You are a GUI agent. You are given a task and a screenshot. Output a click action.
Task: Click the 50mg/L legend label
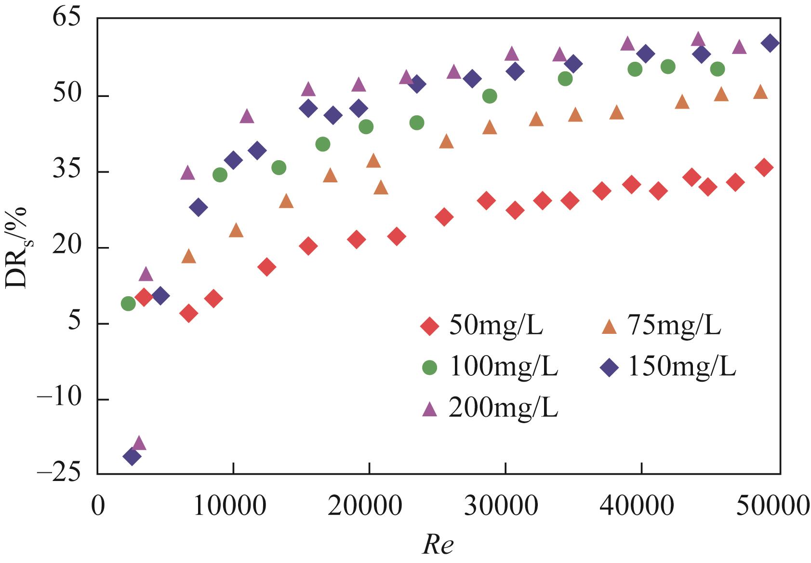click(x=496, y=326)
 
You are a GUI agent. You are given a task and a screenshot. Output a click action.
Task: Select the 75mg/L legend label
click(x=674, y=326)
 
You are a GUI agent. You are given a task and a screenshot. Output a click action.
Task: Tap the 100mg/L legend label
click(x=503, y=367)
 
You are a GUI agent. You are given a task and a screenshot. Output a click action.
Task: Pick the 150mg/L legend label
click(x=681, y=367)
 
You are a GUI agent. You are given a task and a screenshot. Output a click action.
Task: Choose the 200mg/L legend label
click(x=503, y=408)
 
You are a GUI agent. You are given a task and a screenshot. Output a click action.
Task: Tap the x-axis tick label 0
click(x=98, y=508)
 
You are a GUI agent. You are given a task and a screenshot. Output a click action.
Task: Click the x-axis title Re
click(x=438, y=546)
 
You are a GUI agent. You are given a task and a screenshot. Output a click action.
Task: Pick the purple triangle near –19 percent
click(x=139, y=443)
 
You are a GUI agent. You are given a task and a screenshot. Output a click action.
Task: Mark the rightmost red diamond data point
click(x=764, y=167)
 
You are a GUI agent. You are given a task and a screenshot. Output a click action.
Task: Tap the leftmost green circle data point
click(x=128, y=303)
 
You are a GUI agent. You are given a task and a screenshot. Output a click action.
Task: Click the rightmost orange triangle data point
click(x=760, y=92)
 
